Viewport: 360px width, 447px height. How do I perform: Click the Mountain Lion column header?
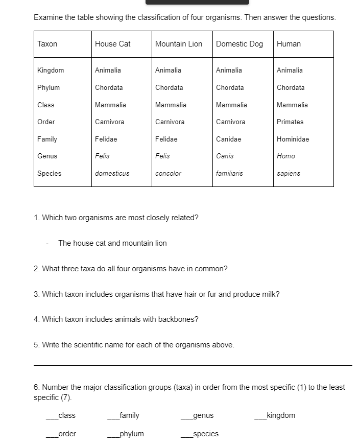click(x=179, y=44)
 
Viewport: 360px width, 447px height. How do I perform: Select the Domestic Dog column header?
click(x=239, y=44)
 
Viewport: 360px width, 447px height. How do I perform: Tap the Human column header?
click(x=289, y=44)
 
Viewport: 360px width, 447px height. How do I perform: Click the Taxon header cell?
click(x=47, y=44)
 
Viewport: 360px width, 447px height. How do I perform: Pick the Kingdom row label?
click(x=51, y=70)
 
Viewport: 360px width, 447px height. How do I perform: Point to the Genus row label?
click(x=47, y=156)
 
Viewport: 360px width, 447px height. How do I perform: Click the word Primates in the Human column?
click(x=290, y=122)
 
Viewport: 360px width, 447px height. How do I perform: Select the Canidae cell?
click(x=228, y=139)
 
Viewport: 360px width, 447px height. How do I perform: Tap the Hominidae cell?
click(x=293, y=139)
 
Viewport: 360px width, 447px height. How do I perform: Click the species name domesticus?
click(x=112, y=173)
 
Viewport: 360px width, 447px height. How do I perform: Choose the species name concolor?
click(x=168, y=173)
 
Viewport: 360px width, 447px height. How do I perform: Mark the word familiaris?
click(x=229, y=173)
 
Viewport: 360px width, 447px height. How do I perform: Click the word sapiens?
click(x=289, y=173)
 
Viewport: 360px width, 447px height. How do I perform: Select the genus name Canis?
click(x=225, y=156)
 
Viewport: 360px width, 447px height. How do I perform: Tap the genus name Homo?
click(x=286, y=156)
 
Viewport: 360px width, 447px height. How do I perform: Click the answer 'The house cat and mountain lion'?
click(x=112, y=243)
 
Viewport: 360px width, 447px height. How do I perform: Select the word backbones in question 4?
click(x=178, y=319)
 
